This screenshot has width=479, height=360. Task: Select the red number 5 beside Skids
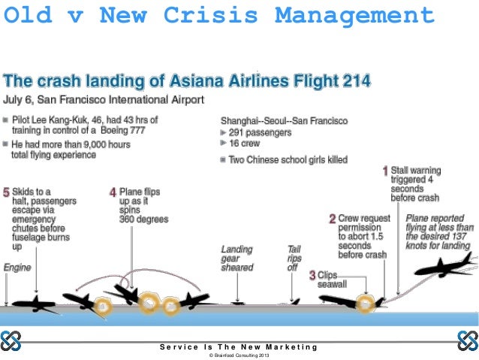pyautogui.click(x=7, y=192)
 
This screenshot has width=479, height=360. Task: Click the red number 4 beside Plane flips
pyautogui.click(x=113, y=192)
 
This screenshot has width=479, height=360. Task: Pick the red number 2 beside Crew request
pyautogui.click(x=332, y=219)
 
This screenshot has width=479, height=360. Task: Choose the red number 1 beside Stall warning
pyautogui.click(x=386, y=171)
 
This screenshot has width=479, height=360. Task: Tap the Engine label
pyautogui.click(x=17, y=267)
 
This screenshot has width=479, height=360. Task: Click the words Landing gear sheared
pyautogui.click(x=236, y=258)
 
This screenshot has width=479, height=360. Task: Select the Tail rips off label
pyautogui.click(x=294, y=258)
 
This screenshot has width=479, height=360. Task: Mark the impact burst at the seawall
pyautogui.click(x=366, y=304)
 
